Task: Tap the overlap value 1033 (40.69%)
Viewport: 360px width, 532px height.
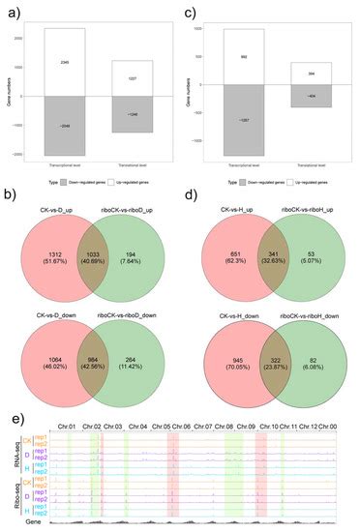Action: [87, 254]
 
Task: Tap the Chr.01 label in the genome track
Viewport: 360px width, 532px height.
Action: [67, 428]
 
